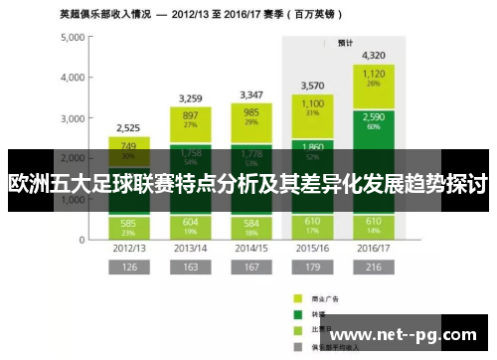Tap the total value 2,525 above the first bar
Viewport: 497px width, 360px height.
coord(128,127)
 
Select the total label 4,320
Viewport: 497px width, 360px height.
coord(374,55)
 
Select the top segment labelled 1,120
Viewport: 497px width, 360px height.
coord(374,78)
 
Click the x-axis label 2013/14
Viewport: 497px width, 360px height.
coord(190,247)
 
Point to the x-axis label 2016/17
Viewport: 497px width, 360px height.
coord(374,247)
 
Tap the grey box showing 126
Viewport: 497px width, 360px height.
coord(128,267)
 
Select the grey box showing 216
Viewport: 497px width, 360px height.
coord(374,267)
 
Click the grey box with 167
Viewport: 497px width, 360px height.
coord(250,267)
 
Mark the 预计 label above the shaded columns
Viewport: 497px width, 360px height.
coord(345,43)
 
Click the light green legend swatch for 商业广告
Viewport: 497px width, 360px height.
coord(296,297)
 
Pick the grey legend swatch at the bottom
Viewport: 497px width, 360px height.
coord(296,348)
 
